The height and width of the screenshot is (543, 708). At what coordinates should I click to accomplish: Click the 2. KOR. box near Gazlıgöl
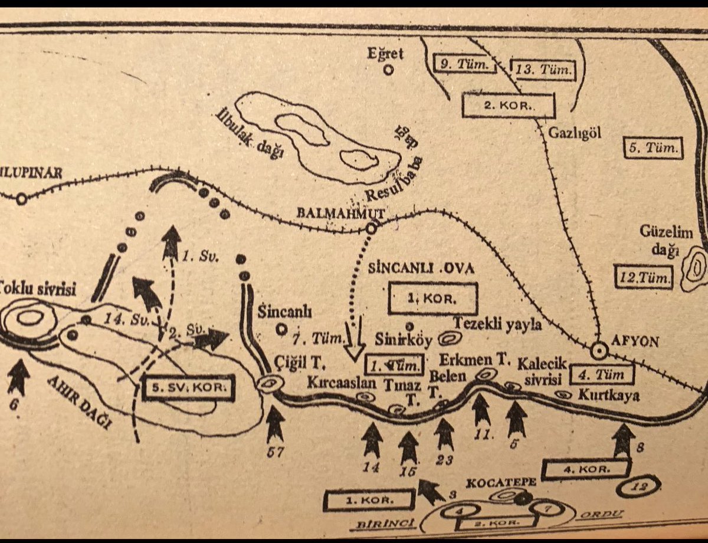click(x=508, y=106)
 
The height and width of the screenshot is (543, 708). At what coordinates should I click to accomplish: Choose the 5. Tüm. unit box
click(x=654, y=148)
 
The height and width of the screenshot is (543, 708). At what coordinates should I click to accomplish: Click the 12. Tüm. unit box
click(x=643, y=277)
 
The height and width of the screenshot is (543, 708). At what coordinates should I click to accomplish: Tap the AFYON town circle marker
click(x=599, y=351)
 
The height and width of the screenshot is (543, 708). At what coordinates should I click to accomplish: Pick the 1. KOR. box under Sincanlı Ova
click(x=432, y=298)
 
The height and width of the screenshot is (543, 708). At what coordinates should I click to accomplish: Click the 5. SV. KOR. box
click(x=189, y=387)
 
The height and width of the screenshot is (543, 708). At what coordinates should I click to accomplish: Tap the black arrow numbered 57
click(x=275, y=423)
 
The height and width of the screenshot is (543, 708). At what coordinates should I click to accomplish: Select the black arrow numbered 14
click(x=372, y=439)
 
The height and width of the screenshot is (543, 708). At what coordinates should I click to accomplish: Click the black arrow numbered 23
click(x=444, y=433)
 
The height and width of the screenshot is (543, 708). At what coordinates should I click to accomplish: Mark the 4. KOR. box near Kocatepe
click(x=586, y=469)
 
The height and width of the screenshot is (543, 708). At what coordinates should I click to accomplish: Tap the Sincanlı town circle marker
click(x=282, y=330)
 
